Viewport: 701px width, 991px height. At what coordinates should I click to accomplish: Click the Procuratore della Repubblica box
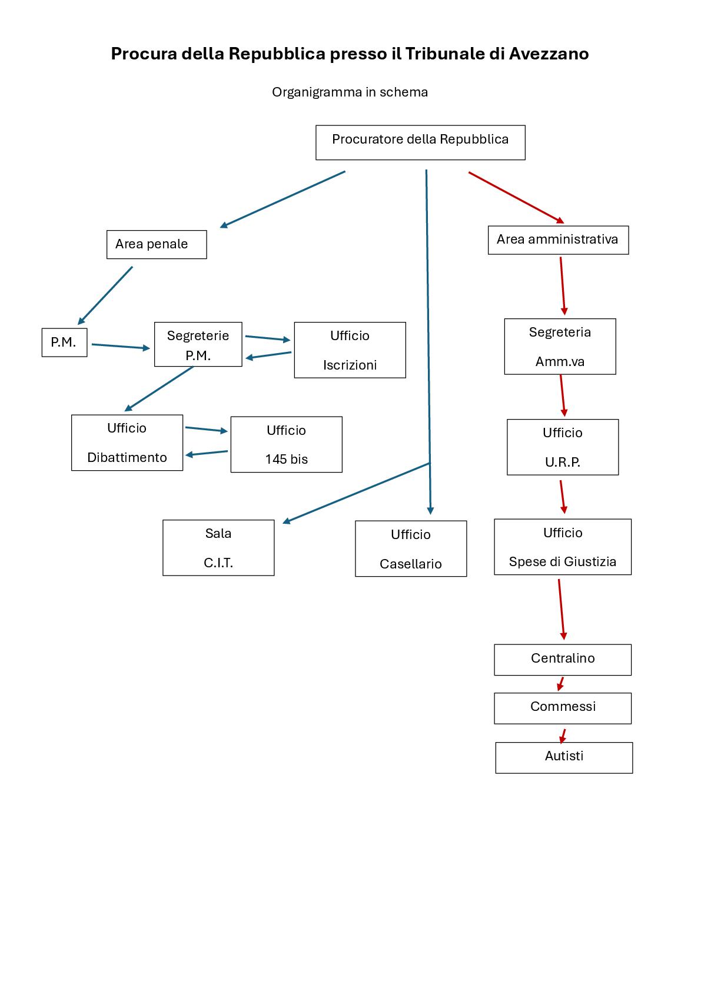click(x=420, y=142)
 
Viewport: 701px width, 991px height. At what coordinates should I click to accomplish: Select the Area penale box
click(x=157, y=244)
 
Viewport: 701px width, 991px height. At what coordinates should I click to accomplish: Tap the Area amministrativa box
click(x=558, y=240)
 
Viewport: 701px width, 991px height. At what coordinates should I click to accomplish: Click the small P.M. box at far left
click(x=64, y=342)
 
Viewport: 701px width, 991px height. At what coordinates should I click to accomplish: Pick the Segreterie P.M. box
click(x=198, y=344)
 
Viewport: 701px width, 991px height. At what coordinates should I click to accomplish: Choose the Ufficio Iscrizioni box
click(x=350, y=350)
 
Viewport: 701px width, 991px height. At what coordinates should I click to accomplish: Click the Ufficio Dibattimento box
click(x=127, y=443)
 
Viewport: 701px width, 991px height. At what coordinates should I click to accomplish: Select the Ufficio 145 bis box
click(x=286, y=444)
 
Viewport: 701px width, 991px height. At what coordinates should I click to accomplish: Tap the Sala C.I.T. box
click(x=218, y=547)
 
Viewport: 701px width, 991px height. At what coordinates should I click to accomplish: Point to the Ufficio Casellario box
click(x=411, y=548)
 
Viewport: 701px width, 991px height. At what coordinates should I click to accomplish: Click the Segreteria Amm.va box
click(x=560, y=347)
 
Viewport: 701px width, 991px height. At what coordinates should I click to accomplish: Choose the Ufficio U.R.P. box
click(x=563, y=447)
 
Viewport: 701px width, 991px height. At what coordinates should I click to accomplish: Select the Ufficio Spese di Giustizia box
click(x=563, y=547)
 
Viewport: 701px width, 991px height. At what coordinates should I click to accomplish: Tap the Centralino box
click(x=563, y=659)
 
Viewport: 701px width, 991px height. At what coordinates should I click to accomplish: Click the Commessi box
click(x=563, y=707)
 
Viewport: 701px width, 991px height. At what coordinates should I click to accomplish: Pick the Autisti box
click(x=564, y=757)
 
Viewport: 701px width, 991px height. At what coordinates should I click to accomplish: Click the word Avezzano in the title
click(x=549, y=54)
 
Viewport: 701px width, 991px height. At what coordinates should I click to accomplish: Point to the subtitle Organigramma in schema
click(x=350, y=92)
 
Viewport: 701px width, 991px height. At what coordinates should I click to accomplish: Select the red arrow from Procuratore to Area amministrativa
click(x=515, y=197)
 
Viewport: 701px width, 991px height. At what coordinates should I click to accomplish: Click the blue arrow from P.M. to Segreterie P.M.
click(x=120, y=346)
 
